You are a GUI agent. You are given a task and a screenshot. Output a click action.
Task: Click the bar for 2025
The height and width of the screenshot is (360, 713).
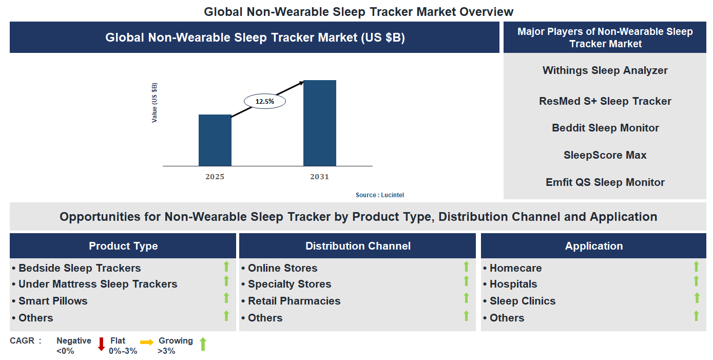tap(215, 140)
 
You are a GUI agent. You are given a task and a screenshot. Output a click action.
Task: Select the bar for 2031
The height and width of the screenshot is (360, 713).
tap(319, 123)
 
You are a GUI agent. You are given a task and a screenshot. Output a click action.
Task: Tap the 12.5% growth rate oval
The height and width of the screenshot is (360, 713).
tap(264, 101)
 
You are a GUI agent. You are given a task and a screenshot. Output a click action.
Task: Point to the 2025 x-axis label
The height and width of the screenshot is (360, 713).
tap(215, 177)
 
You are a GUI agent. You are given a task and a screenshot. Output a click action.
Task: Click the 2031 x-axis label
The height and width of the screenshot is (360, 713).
tap(319, 177)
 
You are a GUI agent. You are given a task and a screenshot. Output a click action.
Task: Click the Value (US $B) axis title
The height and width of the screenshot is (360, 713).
tap(155, 102)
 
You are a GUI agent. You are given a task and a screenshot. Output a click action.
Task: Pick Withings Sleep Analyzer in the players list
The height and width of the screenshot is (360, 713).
tap(605, 70)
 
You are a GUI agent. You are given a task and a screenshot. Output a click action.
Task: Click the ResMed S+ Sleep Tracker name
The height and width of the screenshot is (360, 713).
tap(605, 101)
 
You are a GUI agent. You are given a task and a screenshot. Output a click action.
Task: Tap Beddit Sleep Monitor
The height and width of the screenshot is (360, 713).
tap(605, 128)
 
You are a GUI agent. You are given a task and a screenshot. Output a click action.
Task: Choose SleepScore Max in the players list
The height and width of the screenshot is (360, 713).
tap(605, 155)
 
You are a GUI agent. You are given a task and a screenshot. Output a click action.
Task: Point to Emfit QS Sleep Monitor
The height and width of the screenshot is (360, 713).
tap(605, 182)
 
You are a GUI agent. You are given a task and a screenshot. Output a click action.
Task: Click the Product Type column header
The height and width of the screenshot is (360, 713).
tap(123, 246)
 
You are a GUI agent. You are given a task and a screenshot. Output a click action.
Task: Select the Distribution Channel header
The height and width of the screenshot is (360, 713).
tap(358, 246)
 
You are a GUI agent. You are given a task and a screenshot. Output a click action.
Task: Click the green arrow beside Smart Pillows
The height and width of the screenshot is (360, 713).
tap(226, 298)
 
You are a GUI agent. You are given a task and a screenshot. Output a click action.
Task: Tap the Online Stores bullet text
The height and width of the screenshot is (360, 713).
tap(282, 268)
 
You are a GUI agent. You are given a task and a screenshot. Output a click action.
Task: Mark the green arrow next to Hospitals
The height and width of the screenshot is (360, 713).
tap(696, 281)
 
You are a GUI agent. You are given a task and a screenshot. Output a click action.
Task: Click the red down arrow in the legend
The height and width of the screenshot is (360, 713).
tap(101, 344)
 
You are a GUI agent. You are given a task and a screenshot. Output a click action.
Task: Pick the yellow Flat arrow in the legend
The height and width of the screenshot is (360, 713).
tap(147, 343)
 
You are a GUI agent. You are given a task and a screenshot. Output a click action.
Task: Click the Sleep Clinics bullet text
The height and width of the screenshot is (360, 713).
tap(522, 301)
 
